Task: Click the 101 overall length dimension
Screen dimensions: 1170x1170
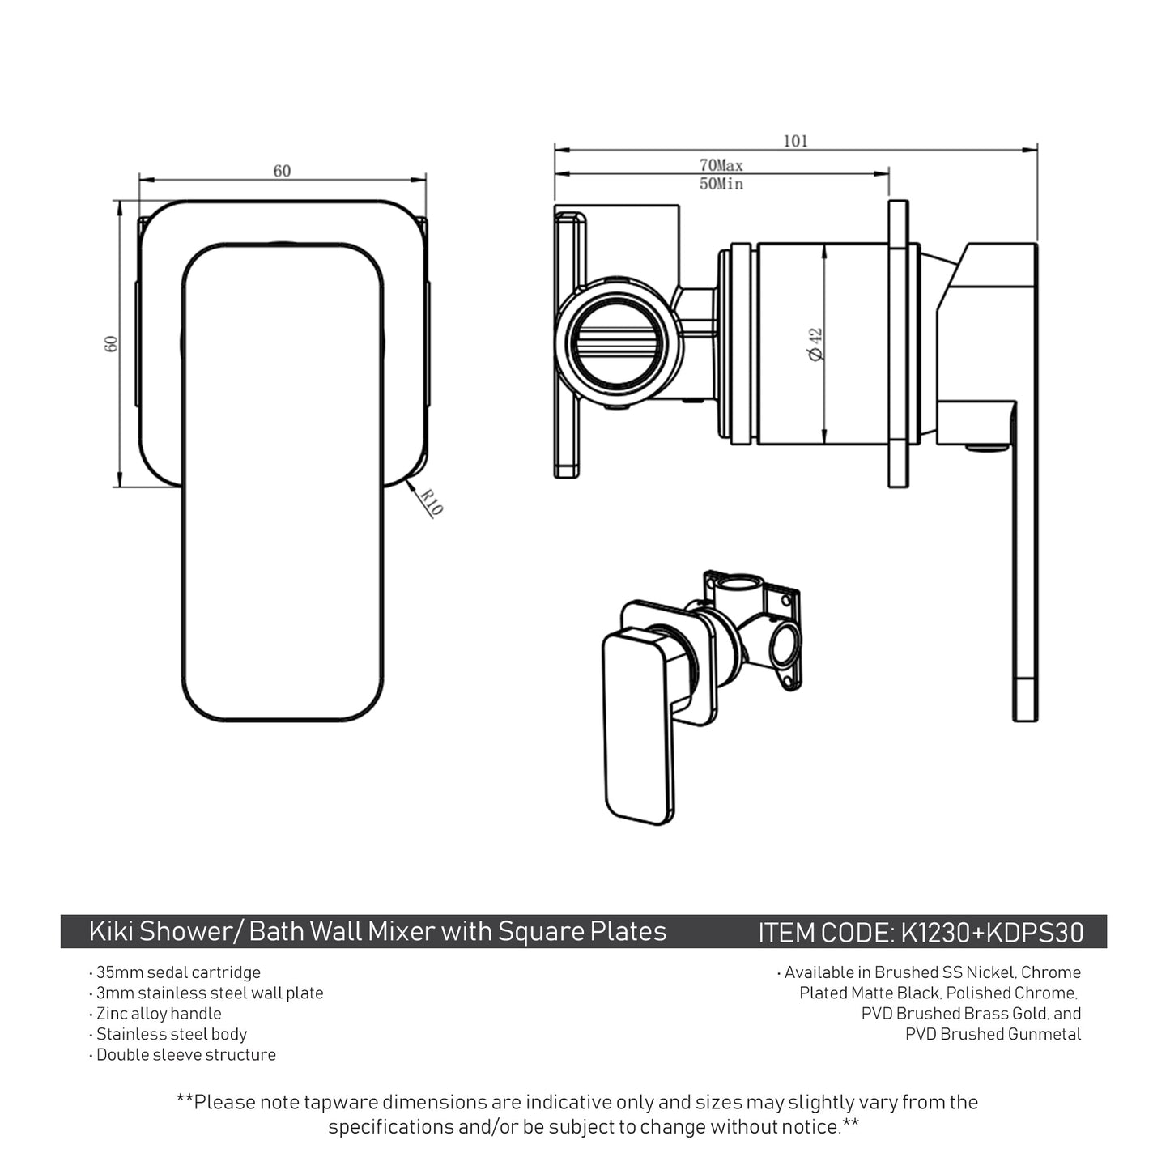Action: coord(795,141)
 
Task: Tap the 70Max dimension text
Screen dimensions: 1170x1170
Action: coord(721,165)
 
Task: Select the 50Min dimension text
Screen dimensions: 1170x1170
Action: coord(721,185)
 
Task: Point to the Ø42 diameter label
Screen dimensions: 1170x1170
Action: coord(815,344)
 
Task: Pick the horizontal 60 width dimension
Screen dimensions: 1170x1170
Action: coord(282,171)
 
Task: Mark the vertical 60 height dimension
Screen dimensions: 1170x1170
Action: coord(112,343)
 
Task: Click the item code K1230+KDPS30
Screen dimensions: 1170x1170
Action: coord(992,933)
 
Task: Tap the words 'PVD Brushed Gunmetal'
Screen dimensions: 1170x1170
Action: coord(993,1034)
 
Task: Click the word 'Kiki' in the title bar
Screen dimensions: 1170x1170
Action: coord(111,932)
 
